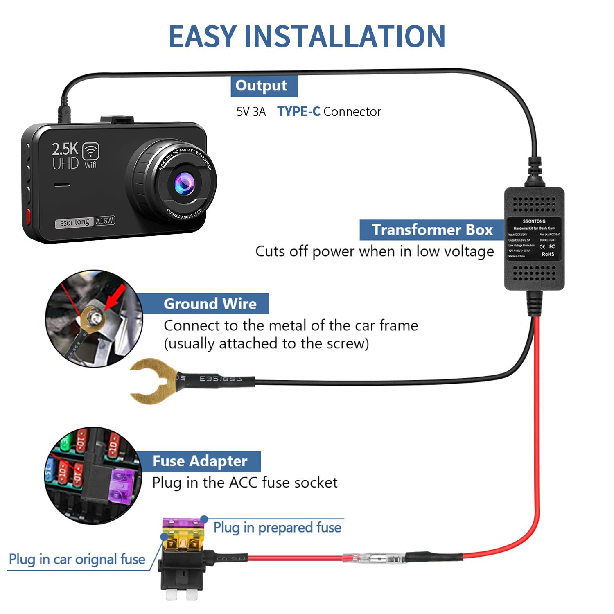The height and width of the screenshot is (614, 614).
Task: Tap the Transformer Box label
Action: coord(432,230)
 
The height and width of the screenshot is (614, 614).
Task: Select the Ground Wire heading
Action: coord(210,304)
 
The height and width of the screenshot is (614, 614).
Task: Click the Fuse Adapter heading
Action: coord(200,461)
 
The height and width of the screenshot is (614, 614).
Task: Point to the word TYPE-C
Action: coord(298,112)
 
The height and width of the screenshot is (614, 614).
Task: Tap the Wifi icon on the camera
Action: coord(90,151)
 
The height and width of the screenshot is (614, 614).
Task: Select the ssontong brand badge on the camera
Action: coord(74,223)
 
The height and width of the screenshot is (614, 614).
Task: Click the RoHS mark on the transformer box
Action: coord(548,254)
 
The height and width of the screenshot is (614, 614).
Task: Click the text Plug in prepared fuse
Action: coord(277,528)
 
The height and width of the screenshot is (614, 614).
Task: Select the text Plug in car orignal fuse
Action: coord(77,559)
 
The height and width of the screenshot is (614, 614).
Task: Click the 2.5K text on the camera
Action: coord(65,149)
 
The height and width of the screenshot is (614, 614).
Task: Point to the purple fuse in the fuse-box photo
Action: coord(122,485)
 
